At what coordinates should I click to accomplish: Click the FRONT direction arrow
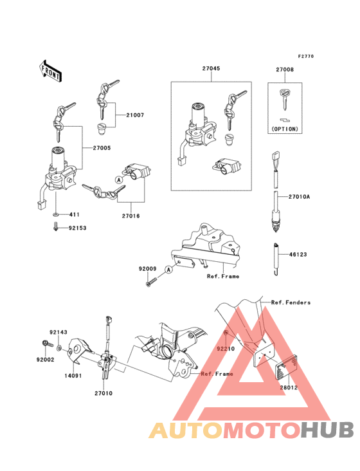point(50,71)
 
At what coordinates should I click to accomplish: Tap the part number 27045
point(211,68)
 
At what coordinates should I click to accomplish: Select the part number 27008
point(285,69)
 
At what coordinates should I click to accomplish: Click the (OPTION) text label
point(285,129)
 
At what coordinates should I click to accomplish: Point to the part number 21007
point(135,115)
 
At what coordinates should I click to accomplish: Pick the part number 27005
point(102,148)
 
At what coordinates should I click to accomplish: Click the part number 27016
point(130,216)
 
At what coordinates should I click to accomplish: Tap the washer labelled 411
point(55,215)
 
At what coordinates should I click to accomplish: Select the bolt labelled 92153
point(55,227)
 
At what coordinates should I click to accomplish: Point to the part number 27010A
point(299,197)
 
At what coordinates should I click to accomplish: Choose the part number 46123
point(298,254)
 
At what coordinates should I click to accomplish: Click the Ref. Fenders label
point(291,302)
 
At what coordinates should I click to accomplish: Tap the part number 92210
point(226,349)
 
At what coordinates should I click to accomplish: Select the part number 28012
point(289,387)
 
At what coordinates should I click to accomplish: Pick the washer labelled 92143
point(59,348)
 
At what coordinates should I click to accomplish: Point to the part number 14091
point(73,376)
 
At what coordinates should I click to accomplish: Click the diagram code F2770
point(306,56)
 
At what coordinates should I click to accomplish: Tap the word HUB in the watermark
point(328,430)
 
